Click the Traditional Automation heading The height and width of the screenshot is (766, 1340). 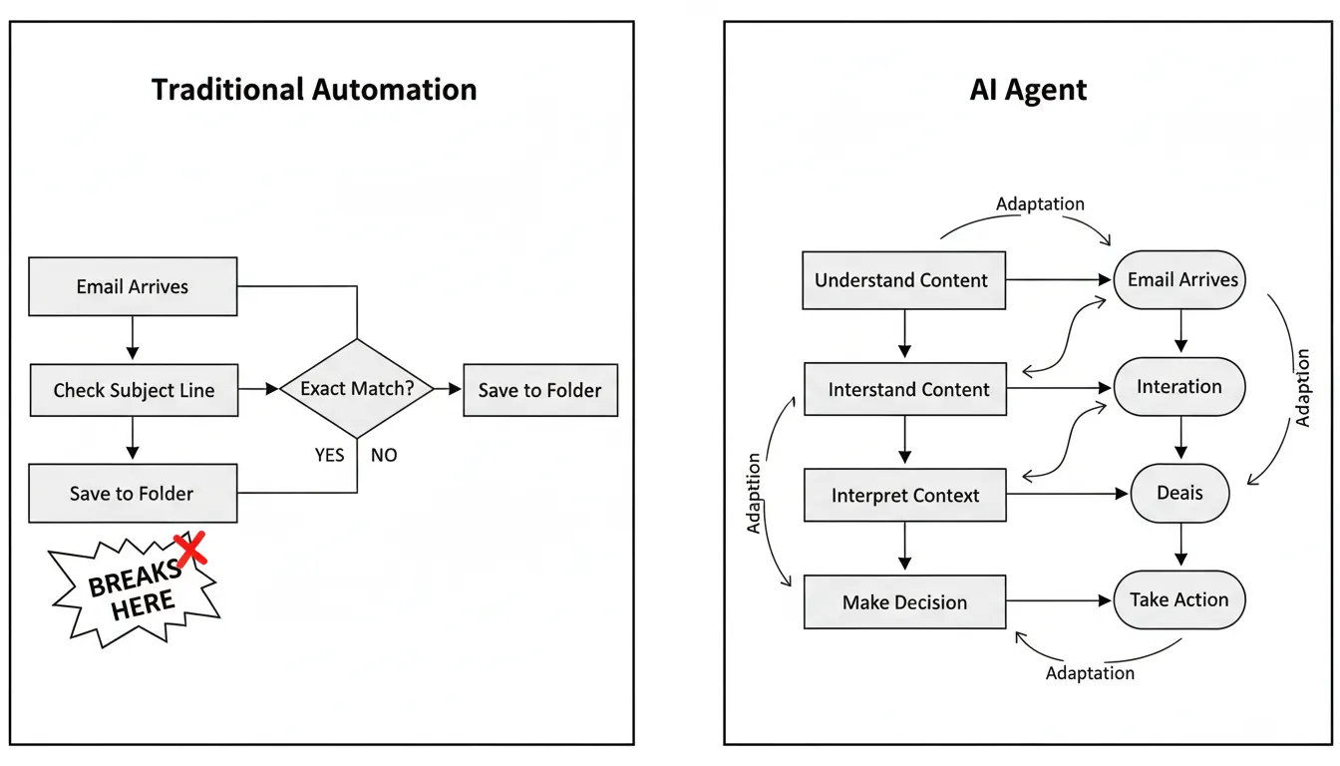(314, 90)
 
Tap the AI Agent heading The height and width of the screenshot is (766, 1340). (1028, 90)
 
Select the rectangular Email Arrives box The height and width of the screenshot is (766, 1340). (133, 286)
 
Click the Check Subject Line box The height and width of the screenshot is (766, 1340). (133, 390)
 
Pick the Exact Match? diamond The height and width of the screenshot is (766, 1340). (357, 389)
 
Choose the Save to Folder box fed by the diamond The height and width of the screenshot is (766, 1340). (539, 390)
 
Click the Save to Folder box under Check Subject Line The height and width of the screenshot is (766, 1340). (133, 493)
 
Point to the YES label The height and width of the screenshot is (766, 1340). (329, 455)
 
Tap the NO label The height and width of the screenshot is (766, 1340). (384, 455)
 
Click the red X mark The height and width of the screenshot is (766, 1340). (190, 548)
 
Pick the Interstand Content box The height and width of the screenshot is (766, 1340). (904, 389)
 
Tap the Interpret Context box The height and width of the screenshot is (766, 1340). (904, 495)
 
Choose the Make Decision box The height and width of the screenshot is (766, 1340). (904, 601)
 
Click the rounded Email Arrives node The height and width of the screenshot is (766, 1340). (1181, 280)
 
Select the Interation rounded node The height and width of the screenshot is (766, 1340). (1179, 387)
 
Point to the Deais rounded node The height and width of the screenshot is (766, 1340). (1179, 493)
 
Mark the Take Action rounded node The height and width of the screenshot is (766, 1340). (1179, 599)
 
